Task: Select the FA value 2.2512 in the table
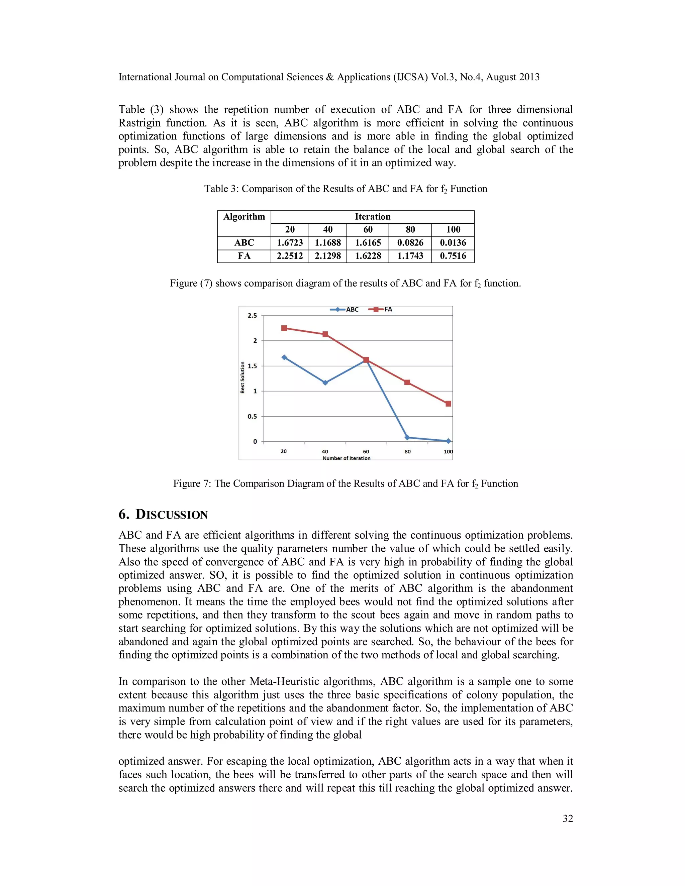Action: tap(290, 256)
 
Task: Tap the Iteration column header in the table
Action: tap(372, 217)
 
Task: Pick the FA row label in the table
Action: tap(244, 256)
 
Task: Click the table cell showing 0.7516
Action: tap(453, 256)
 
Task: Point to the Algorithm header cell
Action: tap(244, 217)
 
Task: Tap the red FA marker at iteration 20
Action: tap(284, 328)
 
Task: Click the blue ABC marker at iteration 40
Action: tap(325, 382)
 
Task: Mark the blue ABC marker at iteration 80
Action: tap(407, 437)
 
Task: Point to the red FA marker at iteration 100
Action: tap(448, 404)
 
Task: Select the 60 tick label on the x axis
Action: tap(366, 451)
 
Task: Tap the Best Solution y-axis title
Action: tap(243, 377)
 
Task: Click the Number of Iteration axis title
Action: tap(346, 458)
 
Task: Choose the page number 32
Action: tap(568, 818)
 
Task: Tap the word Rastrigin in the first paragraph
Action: tap(139, 123)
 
